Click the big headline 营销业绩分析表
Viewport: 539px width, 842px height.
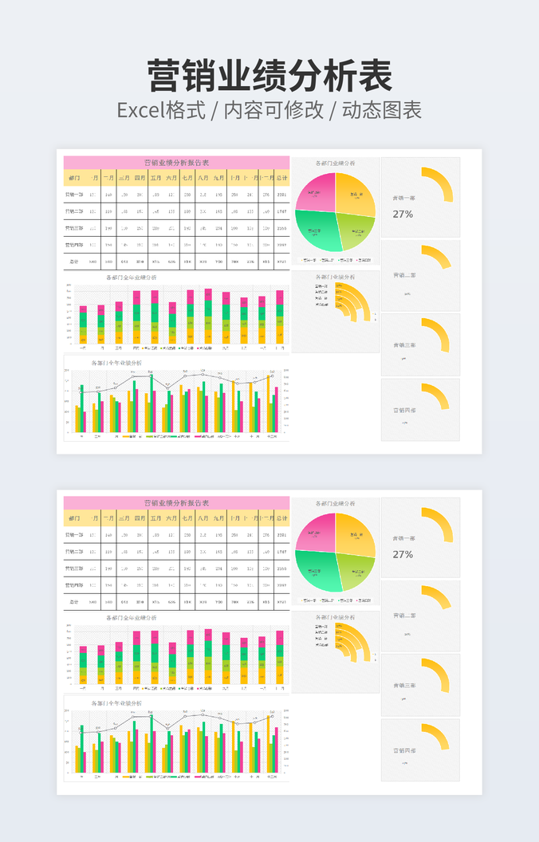point(269,77)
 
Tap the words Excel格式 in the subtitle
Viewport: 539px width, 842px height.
point(161,110)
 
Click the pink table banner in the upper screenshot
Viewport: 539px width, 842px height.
point(176,163)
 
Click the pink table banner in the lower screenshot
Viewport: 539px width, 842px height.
point(176,503)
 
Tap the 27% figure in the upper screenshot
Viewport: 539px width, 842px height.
point(403,214)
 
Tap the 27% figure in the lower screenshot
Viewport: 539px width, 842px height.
point(403,554)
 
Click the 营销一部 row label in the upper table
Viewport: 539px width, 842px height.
point(74,195)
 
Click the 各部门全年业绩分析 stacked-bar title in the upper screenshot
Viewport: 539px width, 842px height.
point(131,277)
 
